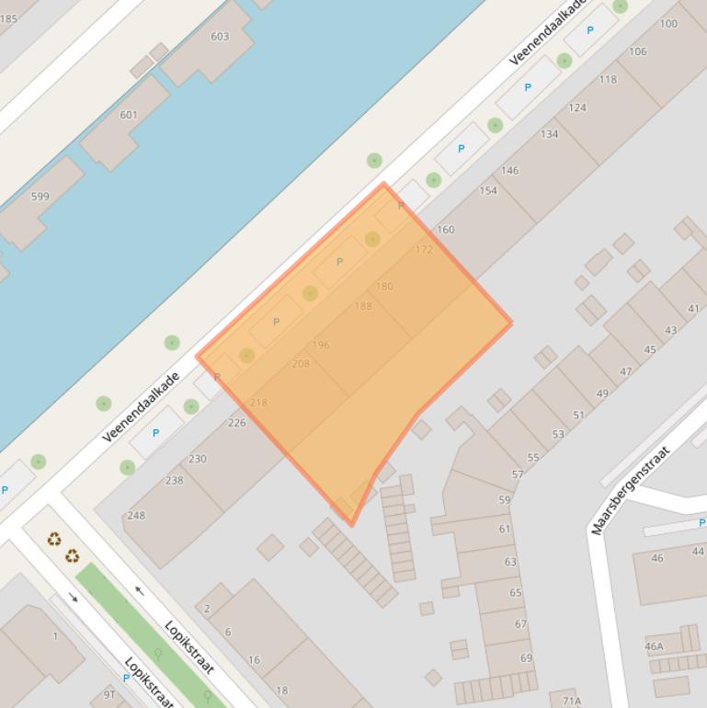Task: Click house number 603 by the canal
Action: coord(220,37)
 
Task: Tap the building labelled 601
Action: coord(129,115)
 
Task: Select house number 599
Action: coord(40,197)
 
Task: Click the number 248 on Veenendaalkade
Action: coord(136,516)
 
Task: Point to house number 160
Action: coord(445,230)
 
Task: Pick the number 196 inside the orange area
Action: coord(321,346)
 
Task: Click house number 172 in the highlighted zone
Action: coord(424,250)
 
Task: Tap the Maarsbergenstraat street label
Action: coord(632,490)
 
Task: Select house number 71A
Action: coord(572,701)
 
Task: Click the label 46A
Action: coord(654,647)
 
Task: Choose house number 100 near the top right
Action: coord(668,24)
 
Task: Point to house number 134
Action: coord(549,134)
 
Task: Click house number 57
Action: coord(518,475)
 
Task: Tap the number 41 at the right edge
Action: coord(693,309)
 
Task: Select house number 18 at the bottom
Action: coord(281,691)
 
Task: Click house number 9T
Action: coord(109,694)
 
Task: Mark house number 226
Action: coord(237,423)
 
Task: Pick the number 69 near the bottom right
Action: coord(526,658)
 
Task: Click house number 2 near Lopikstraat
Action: coord(207,609)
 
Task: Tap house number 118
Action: coord(608,80)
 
